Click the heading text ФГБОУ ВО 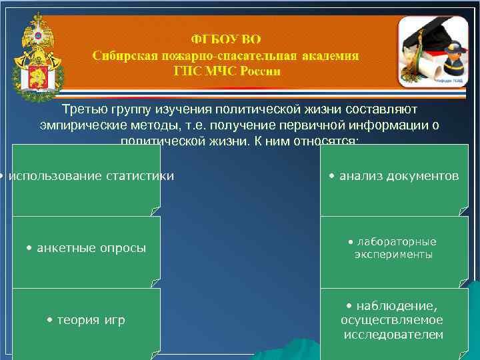click(226, 40)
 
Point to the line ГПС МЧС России click(226, 71)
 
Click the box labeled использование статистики click(86, 177)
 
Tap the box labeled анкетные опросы click(86, 249)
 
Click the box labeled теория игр click(86, 321)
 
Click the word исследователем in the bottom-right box click(393, 335)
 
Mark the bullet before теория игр click(50, 321)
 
